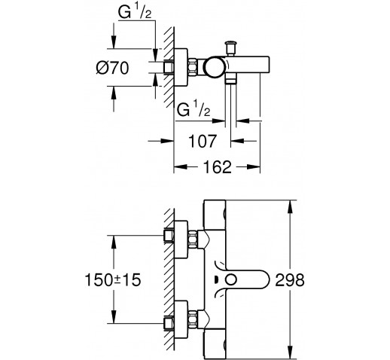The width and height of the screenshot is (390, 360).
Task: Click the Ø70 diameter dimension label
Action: pos(112,68)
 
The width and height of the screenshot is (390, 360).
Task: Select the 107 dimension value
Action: pos(203,141)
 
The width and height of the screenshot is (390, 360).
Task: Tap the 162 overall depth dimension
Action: pos(217,167)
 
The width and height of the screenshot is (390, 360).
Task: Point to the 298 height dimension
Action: pos(290,280)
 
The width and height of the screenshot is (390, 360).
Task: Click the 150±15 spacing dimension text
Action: pos(113,280)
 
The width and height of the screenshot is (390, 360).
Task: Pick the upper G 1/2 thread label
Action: pos(135,12)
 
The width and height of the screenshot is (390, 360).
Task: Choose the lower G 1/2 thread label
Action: pos(193,109)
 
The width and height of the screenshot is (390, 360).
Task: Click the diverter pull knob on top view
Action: pos(231,47)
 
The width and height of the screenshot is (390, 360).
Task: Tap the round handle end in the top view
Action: pos(214,67)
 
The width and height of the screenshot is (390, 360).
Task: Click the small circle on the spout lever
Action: pos(231,280)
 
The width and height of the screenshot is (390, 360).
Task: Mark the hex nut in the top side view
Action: pos(193,67)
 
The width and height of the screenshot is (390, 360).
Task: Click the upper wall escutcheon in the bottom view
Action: pos(181,239)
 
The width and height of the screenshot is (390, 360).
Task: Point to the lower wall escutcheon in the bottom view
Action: pos(181,320)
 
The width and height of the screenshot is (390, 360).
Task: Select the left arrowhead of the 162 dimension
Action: pos(181,167)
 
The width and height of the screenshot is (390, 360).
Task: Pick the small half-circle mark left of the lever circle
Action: pos(216,279)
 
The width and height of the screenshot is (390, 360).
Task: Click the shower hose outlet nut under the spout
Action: pos(231,81)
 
